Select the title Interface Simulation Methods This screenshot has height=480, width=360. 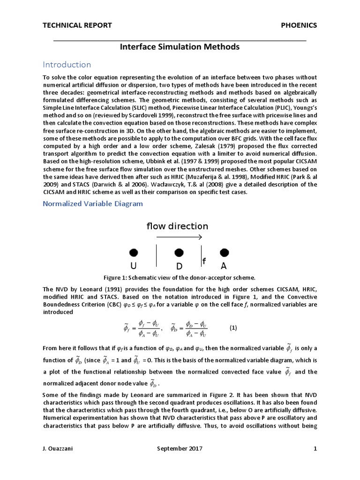click(180, 47)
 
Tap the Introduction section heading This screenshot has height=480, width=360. click(67, 64)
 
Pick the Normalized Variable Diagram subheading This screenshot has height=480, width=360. click(93, 204)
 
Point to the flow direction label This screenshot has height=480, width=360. click(177, 226)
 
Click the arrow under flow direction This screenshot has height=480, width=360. click(179, 238)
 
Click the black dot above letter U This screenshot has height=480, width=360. click(134, 253)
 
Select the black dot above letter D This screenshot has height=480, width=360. click(179, 253)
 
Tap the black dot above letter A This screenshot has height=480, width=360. click(224, 253)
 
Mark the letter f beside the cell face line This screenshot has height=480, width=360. click(204, 260)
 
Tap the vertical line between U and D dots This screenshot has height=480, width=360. click(156, 256)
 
